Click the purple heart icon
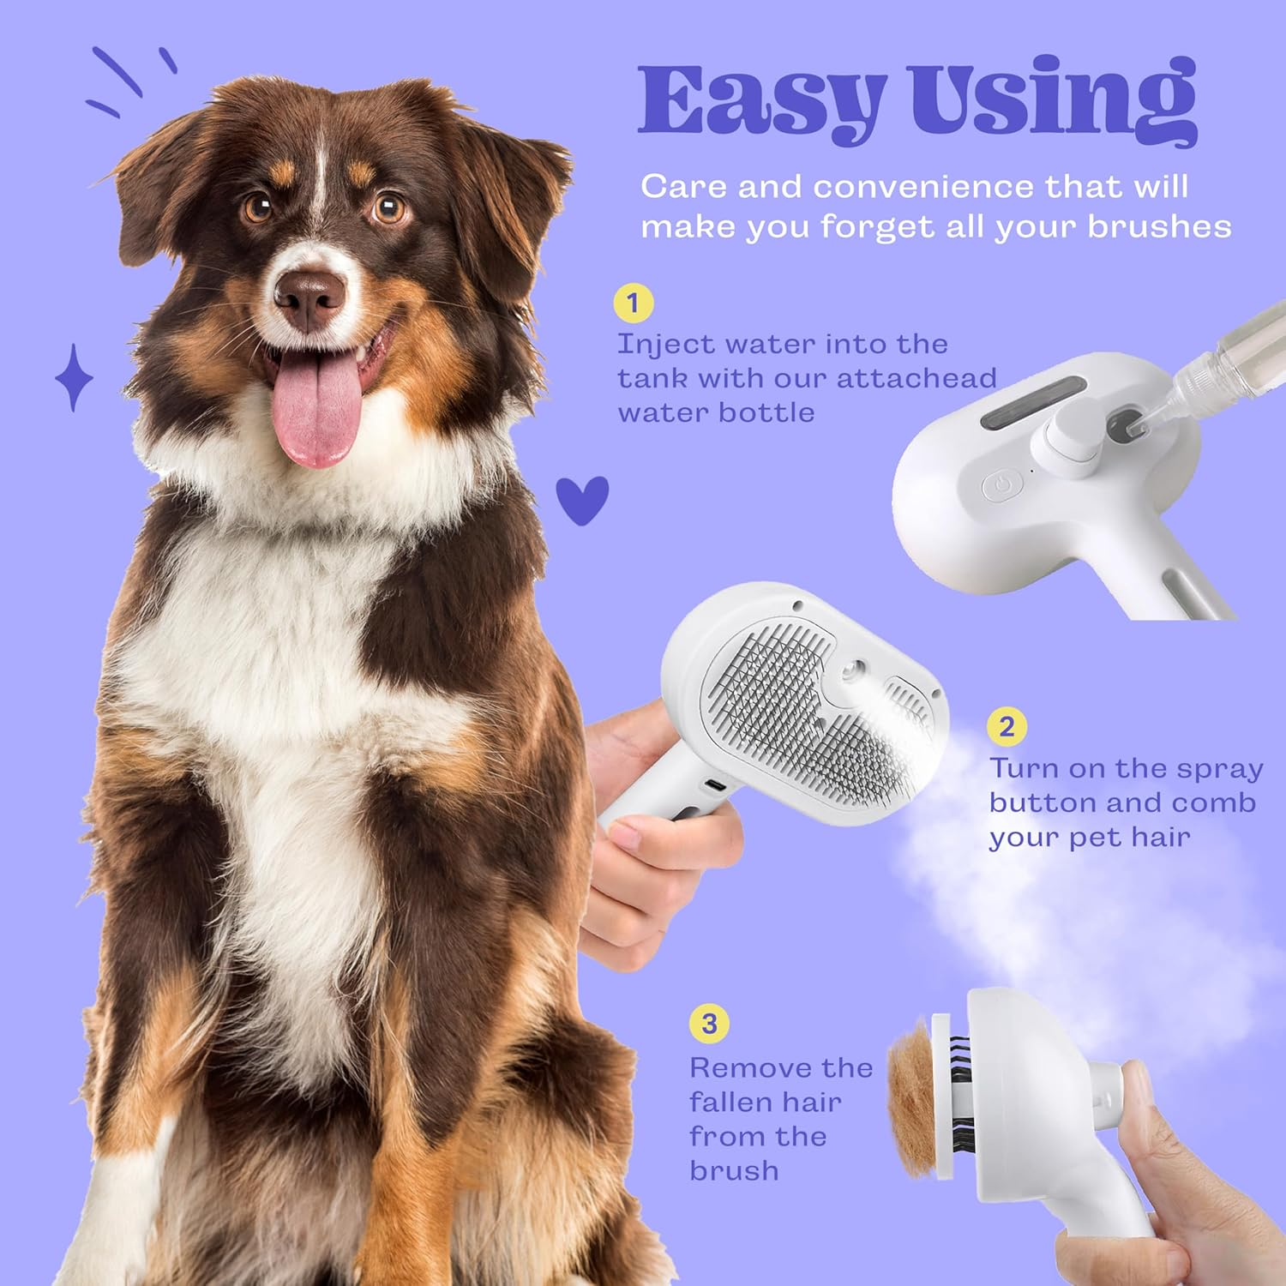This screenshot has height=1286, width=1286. click(582, 499)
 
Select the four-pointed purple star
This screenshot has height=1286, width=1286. click(74, 377)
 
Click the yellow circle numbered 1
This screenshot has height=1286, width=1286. click(634, 303)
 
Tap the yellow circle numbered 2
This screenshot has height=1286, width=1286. click(1007, 727)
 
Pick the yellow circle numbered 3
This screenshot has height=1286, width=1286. click(709, 1024)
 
